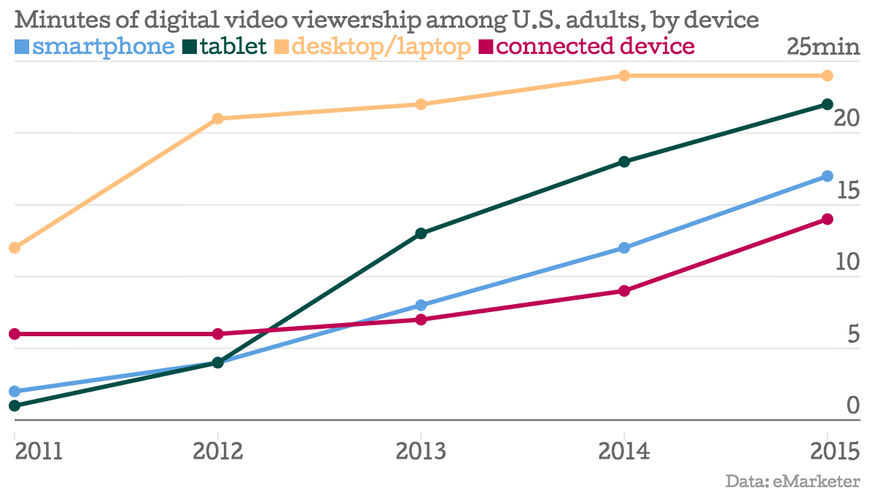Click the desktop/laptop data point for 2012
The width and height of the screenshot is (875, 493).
coord(217,119)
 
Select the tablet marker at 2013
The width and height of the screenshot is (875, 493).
coord(421,233)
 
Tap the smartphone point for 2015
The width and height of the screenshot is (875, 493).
coord(828,176)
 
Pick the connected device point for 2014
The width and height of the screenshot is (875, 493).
coord(624,291)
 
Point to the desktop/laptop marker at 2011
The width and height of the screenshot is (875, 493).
coord(14,248)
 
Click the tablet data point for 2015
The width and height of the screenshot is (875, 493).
coord(828,104)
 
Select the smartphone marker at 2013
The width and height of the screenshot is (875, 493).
coord(421,305)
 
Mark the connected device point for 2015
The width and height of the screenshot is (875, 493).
coord(828,219)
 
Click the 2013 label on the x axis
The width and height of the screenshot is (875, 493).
coord(421,452)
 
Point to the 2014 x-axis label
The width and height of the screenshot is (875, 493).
coord(624,452)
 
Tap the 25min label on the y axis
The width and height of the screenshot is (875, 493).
coord(823,47)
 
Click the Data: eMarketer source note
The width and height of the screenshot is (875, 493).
coord(793,481)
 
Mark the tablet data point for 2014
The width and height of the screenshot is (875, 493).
coord(624,162)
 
